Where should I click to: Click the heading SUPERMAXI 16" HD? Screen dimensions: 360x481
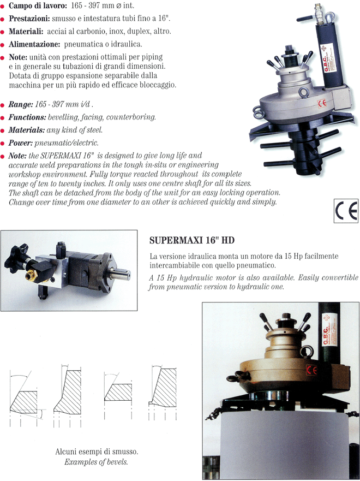pos(192,240)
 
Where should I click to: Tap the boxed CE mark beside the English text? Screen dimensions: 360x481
pos(346,211)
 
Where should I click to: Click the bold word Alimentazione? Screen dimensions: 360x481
pos(34,44)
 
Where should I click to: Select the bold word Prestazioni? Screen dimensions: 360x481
pos(29,19)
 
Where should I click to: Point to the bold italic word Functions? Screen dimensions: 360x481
pos(27,117)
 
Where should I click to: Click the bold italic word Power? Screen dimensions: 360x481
pos(21,143)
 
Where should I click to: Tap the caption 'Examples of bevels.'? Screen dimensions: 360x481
pos(96,462)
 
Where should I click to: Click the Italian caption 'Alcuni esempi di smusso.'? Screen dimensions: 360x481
pos(97,452)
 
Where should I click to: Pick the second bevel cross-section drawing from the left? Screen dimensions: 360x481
pos(68,396)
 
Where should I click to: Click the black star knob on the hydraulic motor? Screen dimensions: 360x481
pos(16,258)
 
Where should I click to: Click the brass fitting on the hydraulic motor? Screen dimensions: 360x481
pos(31,276)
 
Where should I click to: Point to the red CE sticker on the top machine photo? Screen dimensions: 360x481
pos(322,103)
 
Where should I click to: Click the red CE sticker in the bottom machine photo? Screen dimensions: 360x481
pos(312,370)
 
